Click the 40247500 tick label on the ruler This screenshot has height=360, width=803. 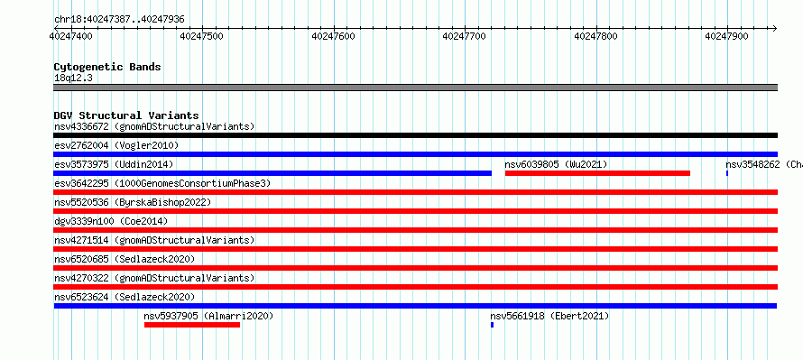(202, 36)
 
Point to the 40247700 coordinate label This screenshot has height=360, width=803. (465, 36)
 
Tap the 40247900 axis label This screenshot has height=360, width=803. (726, 36)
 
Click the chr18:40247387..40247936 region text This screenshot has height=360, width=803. (119, 20)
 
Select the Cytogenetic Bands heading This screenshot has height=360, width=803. (107, 67)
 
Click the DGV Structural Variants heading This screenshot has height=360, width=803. (126, 115)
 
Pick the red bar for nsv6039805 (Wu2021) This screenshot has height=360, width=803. (597, 173)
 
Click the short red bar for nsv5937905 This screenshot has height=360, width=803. (192, 325)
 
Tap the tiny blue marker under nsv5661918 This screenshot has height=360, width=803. (492, 325)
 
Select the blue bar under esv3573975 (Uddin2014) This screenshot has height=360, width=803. (272, 173)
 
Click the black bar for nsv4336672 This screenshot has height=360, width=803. (415, 135)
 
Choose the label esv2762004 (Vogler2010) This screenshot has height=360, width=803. (116, 146)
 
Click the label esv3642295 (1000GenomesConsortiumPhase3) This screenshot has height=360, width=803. (162, 184)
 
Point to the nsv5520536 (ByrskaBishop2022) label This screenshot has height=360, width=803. (133, 203)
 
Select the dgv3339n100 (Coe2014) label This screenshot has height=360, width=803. (111, 222)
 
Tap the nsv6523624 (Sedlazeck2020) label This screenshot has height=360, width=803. (125, 298)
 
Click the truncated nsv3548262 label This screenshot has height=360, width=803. (764, 165)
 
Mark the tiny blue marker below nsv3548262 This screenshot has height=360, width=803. (726, 173)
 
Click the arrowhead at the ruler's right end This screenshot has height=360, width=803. (774, 28)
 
